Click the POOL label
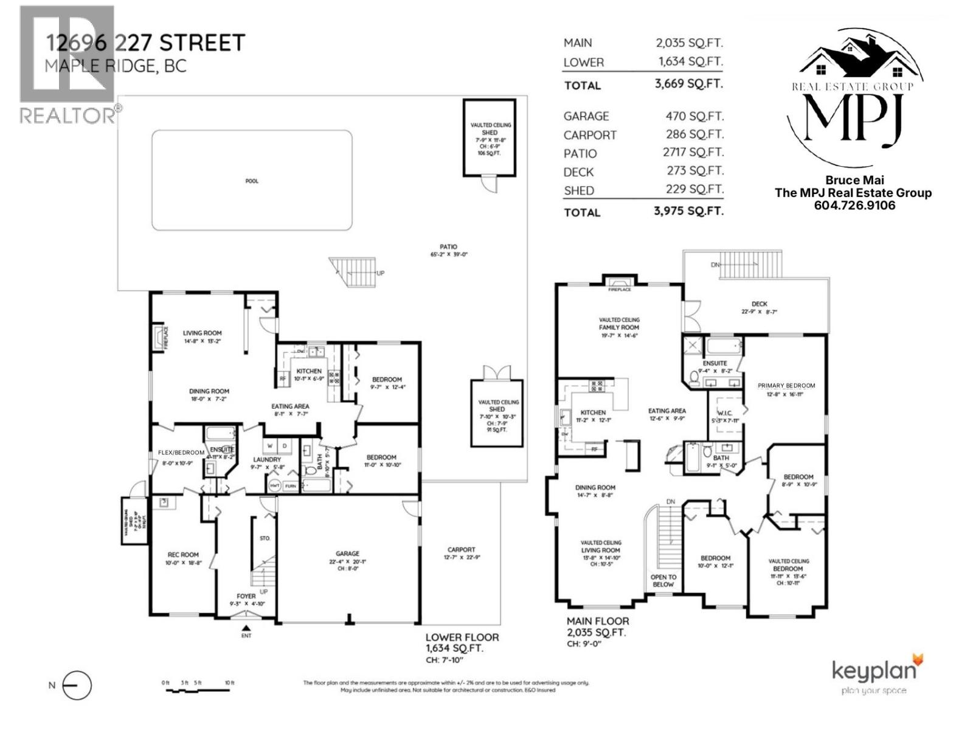point(252,181)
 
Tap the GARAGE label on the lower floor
point(347,554)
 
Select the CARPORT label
point(461,550)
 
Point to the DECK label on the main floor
point(759,304)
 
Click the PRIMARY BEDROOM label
point(786,386)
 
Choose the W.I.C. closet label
point(725,413)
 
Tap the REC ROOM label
point(183,555)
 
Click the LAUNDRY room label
point(267,460)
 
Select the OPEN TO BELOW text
point(663,580)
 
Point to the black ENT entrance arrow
point(246,628)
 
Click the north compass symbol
point(77,686)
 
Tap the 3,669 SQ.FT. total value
point(688,83)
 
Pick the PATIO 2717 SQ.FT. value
point(693,152)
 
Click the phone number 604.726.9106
point(854,206)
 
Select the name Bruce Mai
point(854,180)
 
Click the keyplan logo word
point(873,671)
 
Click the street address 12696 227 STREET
point(146,43)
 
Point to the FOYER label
point(246,596)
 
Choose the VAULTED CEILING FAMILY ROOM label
point(619,324)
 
